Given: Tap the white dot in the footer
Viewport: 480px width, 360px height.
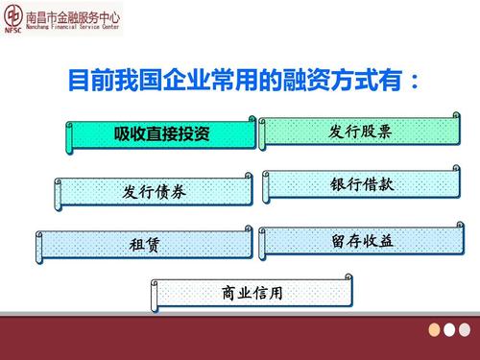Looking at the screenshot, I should [449, 329].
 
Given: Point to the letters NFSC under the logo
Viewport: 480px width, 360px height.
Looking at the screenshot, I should [13, 31].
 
